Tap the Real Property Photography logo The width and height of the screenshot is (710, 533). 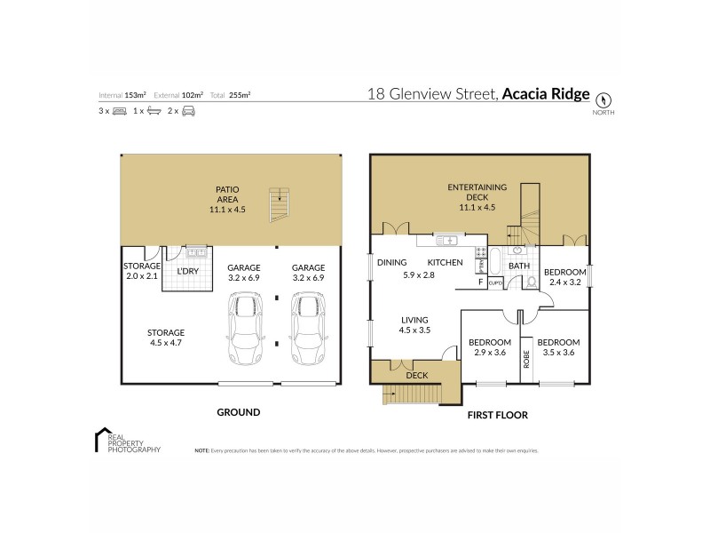click(x=128, y=442)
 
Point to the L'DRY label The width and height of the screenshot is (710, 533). click(x=187, y=270)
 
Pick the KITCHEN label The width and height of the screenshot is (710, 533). click(x=446, y=263)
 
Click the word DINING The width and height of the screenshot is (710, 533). click(x=391, y=263)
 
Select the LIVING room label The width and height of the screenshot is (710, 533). click(x=414, y=320)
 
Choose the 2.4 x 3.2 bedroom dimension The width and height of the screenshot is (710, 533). click(x=564, y=282)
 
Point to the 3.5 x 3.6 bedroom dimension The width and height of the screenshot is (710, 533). click(x=558, y=353)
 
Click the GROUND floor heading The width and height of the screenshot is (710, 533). click(x=239, y=412)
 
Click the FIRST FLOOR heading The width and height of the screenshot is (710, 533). click(x=499, y=415)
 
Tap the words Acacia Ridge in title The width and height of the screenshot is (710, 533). click(x=546, y=92)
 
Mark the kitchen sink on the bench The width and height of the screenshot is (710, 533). click(x=446, y=239)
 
